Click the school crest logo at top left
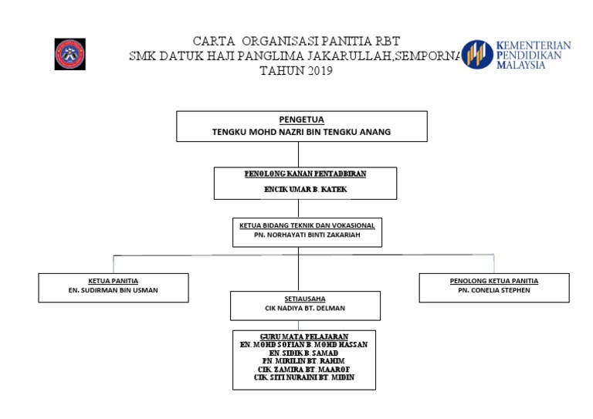69,54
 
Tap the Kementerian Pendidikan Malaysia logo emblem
477,55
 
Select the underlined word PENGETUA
302,120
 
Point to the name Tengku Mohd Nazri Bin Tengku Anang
302,132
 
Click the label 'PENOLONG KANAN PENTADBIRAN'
304,174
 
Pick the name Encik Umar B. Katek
304,189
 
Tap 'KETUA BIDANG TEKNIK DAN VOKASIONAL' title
307,225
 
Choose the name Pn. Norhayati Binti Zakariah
307,235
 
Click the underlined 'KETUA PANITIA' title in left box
114,281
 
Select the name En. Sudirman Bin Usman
114,291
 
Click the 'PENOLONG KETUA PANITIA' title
494,281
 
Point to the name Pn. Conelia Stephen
494,291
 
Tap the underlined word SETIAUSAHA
305,298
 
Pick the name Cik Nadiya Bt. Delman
305,308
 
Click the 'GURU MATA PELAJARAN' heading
303,336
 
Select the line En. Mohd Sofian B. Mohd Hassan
303,345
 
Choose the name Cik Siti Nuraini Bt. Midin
303,378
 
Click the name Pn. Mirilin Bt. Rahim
303,361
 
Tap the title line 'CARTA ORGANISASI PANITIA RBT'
296,41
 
